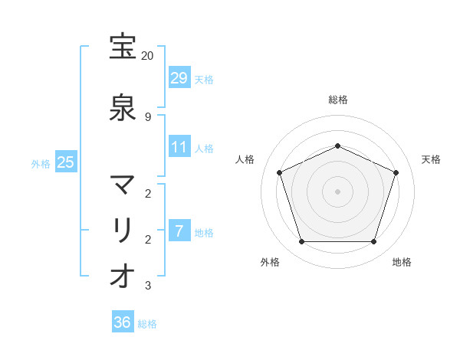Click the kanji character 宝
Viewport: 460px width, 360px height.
123,47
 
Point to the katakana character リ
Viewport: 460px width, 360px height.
123,231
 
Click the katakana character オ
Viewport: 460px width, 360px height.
123,277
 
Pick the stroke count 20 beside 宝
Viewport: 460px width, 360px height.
148,56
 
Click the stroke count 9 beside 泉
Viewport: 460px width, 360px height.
148,116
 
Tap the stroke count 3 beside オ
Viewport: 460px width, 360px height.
148,286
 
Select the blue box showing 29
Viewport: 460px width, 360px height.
179,77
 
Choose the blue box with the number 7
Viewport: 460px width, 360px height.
179,231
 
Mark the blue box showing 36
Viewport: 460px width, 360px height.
123,322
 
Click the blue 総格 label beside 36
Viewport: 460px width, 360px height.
147,324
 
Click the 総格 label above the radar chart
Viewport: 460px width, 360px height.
338,100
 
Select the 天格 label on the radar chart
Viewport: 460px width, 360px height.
431,159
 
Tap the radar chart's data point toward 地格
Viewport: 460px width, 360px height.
374,242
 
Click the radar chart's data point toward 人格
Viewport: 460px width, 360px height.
280,172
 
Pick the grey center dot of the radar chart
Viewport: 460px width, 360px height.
338,191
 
